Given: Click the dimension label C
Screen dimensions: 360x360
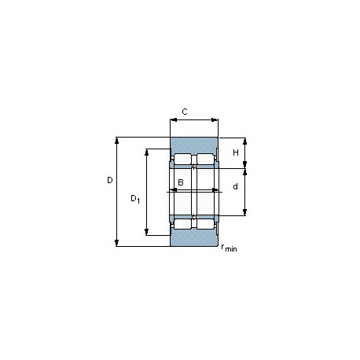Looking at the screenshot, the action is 185,112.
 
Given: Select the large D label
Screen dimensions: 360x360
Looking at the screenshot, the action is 110,180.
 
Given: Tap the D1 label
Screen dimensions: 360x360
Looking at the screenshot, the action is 135,199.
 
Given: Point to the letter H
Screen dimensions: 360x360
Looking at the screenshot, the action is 236,152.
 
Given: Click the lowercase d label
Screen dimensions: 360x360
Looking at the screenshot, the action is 236,186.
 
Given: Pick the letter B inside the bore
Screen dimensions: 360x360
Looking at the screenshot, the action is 181,182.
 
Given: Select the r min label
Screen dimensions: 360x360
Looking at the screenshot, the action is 229,248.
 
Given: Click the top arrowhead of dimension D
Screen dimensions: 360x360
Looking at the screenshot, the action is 117,141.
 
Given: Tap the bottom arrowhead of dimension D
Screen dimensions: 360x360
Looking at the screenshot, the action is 117,243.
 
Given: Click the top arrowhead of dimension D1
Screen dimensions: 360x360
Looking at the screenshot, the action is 147,152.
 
